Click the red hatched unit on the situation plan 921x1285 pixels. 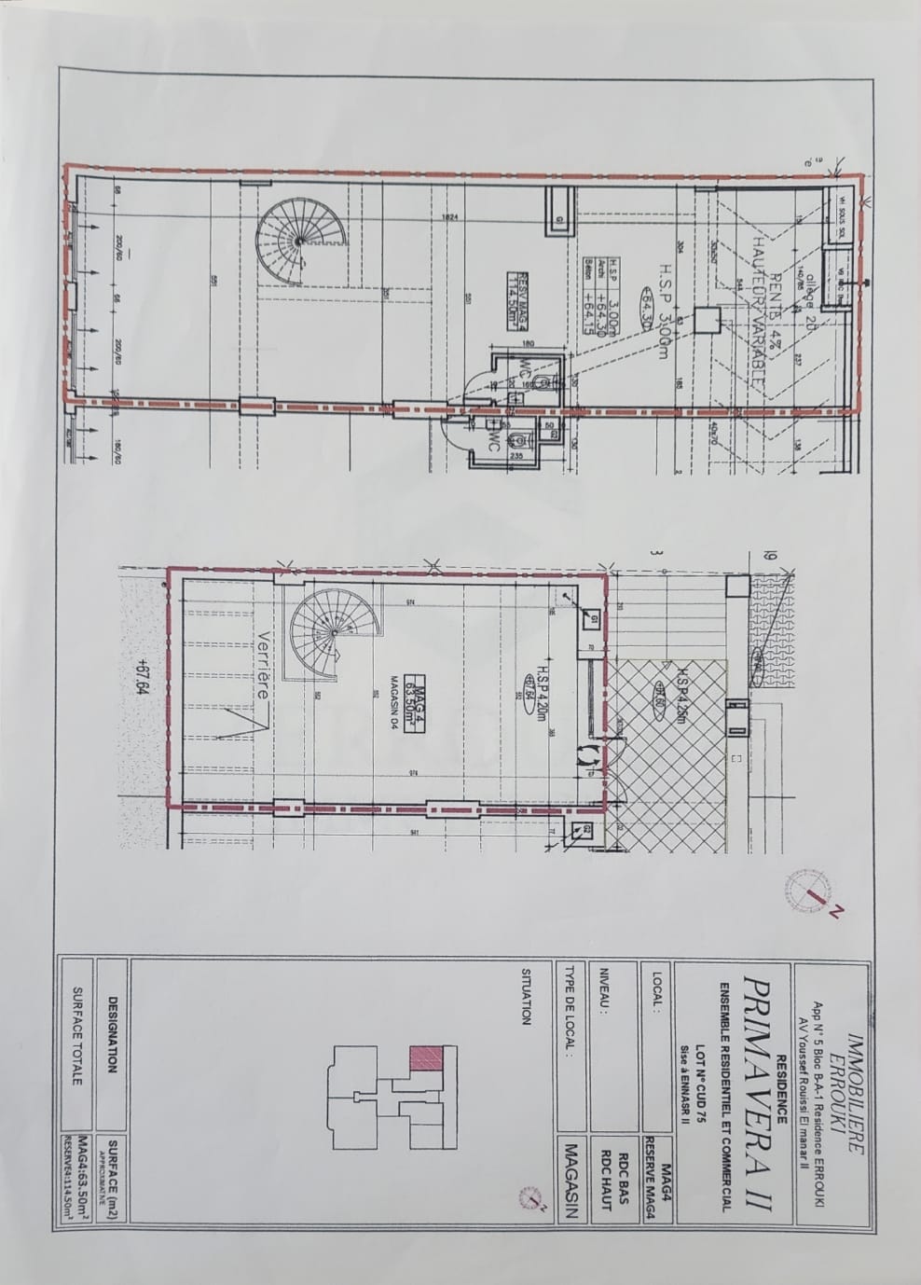[x=425, y=1060]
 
